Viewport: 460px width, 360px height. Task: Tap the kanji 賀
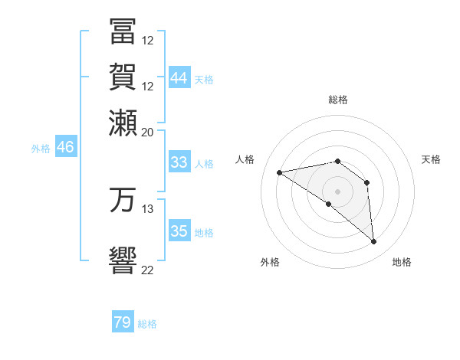[123, 77]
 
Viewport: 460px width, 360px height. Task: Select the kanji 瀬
[123, 123]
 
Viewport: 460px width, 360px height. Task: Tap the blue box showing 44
[179, 78]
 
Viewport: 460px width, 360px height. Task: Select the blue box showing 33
[179, 162]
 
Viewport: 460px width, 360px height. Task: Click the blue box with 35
[179, 231]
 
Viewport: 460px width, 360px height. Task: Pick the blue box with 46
[65, 148]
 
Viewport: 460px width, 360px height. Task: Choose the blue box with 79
[123, 322]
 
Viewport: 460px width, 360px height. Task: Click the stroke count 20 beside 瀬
[148, 131]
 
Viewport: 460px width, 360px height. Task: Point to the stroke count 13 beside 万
[148, 208]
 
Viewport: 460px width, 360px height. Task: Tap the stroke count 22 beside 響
[148, 269]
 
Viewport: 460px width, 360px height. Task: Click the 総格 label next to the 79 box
[147, 324]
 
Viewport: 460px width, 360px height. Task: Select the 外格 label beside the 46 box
[41, 149]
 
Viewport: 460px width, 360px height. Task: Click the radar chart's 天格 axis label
[431, 159]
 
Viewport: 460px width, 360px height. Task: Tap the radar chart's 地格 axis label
[402, 262]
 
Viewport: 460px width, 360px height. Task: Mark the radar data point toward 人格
[280, 172]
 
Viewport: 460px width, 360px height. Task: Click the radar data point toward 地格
[373, 242]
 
